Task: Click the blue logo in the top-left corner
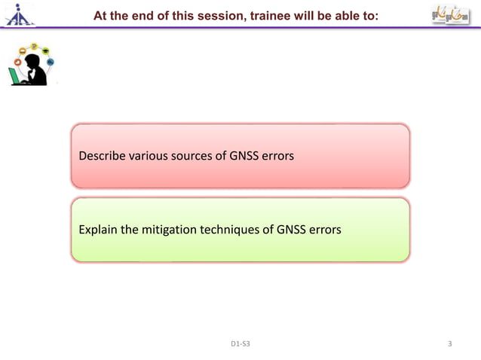17,15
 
